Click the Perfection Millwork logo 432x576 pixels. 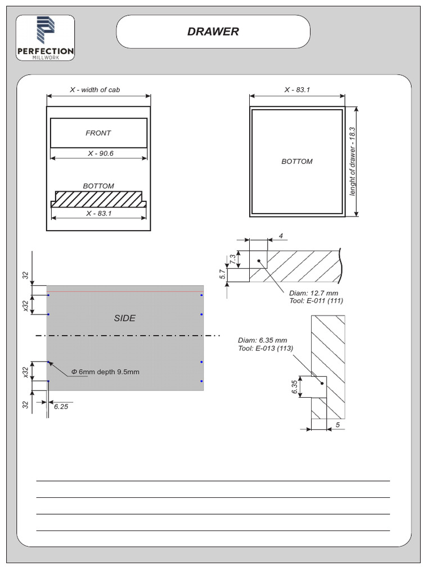click(45, 38)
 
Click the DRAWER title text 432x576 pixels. click(213, 32)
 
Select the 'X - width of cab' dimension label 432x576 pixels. click(94, 89)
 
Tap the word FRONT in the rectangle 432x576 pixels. click(98, 133)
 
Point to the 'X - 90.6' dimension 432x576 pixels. click(100, 153)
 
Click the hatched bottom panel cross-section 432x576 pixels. click(98, 199)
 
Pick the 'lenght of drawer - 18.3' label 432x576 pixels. click(353, 161)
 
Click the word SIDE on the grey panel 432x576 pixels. click(124, 318)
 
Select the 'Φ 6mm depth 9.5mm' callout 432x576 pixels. click(105, 372)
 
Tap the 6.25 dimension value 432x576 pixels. click(61, 407)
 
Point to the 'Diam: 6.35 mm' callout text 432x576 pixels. click(262, 340)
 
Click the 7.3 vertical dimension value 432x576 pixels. click(233, 259)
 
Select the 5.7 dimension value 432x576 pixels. click(222, 274)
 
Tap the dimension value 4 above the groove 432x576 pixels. click(281, 236)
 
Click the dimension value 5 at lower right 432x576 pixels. click(337, 425)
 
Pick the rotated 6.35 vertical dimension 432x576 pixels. click(295, 388)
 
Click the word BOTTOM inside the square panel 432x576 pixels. click(297, 161)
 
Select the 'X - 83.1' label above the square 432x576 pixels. click(297, 89)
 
